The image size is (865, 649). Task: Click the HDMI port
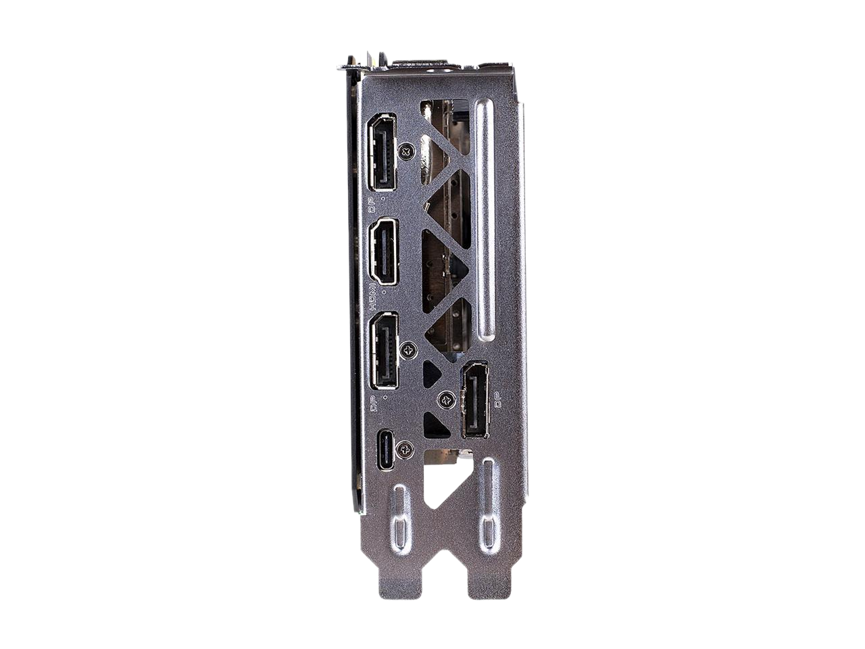click(384, 251)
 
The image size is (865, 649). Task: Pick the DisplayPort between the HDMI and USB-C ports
click(384, 351)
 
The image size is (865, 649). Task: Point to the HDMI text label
click(373, 299)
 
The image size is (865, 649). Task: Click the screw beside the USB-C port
click(406, 449)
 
